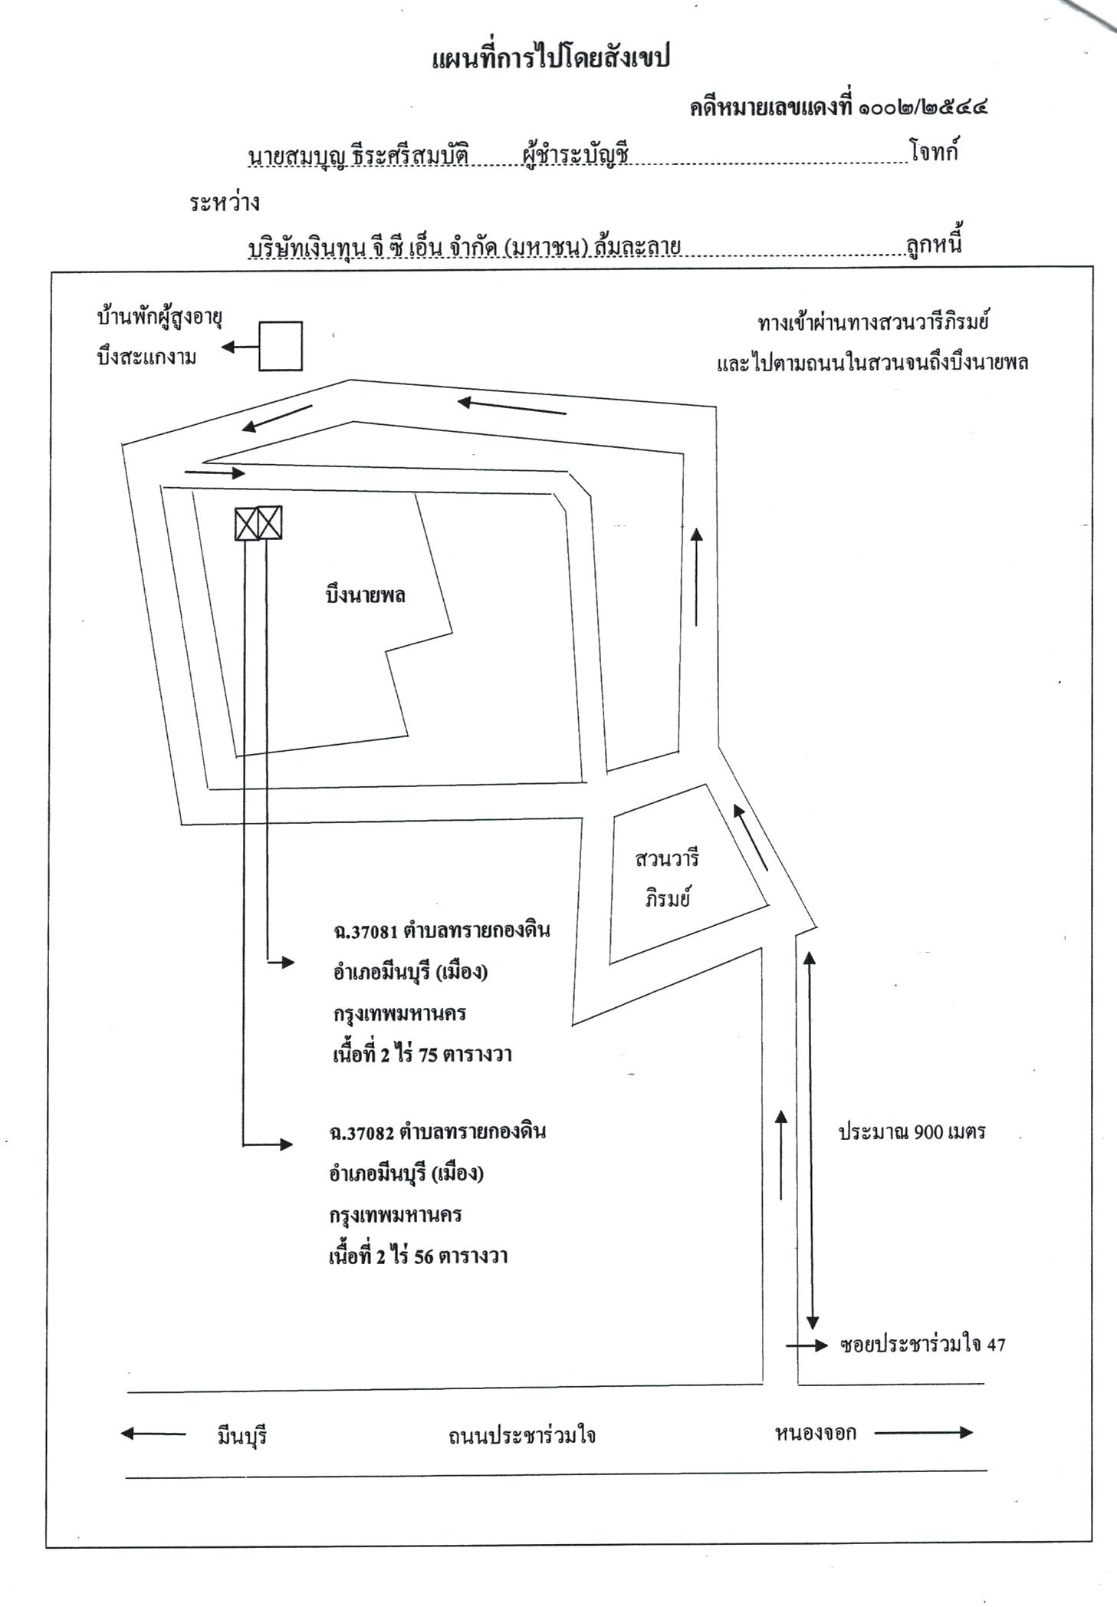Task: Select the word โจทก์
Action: point(935,151)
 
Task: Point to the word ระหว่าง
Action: point(225,203)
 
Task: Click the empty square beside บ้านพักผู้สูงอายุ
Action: point(280,346)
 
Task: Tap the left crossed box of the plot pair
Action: point(246,522)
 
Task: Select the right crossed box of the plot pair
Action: point(270,522)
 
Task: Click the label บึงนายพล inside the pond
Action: point(365,596)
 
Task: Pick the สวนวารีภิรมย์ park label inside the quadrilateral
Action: point(668,878)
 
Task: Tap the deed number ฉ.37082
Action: point(361,1132)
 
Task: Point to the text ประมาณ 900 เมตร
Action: point(912,1131)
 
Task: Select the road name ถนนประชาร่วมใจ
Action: point(522,1434)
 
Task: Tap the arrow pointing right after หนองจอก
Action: point(924,1431)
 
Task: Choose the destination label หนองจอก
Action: point(815,1432)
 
